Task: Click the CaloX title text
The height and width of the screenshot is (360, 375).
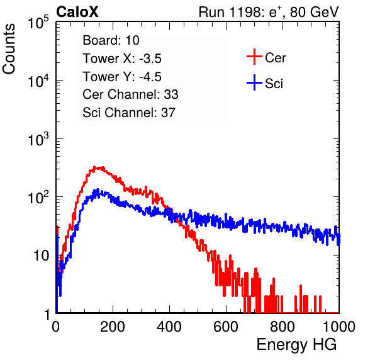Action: [x=77, y=11]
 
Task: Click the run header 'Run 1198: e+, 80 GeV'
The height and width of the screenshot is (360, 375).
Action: [x=269, y=12]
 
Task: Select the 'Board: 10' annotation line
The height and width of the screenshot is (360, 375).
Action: [x=111, y=40]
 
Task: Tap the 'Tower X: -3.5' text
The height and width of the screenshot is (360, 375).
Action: [x=122, y=59]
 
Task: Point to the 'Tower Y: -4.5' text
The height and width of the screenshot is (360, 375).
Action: [x=122, y=77]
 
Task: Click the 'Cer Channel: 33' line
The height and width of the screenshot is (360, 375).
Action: [x=130, y=94]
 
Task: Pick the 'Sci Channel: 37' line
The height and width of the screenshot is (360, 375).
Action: [x=129, y=113]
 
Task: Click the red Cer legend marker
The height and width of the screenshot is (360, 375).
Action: [x=254, y=57]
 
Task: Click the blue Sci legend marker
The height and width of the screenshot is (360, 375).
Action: [x=254, y=82]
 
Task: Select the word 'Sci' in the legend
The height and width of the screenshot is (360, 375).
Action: [x=274, y=84]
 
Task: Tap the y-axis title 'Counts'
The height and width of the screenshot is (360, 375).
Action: [x=9, y=49]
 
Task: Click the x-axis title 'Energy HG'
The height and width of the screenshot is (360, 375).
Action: [x=296, y=345]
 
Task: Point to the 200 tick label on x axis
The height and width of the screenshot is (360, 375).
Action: [x=113, y=326]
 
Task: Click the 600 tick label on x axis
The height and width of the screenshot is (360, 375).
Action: [x=226, y=326]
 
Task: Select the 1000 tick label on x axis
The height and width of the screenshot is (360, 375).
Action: [x=339, y=326]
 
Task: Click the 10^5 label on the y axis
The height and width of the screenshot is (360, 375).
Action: [x=38, y=23]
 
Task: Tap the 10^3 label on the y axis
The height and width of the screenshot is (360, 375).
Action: [x=38, y=140]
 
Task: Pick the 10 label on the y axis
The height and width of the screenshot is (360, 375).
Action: [x=42, y=256]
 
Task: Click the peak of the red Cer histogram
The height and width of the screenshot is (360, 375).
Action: [x=94, y=167]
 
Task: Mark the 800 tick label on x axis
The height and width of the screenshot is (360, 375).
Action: [x=283, y=326]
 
